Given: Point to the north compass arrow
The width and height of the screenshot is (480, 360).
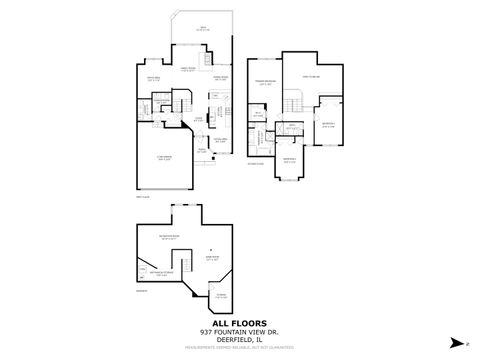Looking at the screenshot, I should coord(456,341).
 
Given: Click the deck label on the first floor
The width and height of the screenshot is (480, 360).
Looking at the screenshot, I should coord(203,29).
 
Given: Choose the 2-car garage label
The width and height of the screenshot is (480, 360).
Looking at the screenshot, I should coord(164,157).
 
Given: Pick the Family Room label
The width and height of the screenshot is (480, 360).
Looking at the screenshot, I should coord(188,70).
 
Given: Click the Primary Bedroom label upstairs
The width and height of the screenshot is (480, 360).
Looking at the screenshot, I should coord(264,84).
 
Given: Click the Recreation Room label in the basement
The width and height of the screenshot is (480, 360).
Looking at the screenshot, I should coord(183,239).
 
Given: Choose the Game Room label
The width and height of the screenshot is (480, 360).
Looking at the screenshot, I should coord(213,259).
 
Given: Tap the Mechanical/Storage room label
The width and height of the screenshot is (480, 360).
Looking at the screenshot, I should coord(161,273).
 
